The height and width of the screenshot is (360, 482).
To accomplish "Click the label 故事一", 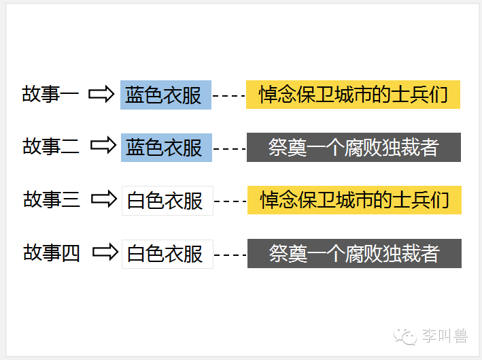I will [x=51, y=94].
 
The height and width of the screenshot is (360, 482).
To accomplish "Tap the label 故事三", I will [x=52, y=199].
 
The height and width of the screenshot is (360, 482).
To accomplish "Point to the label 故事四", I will [x=52, y=252].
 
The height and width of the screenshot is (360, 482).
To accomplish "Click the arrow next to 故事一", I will [x=102, y=94].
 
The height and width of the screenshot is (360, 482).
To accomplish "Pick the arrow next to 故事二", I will [x=103, y=146].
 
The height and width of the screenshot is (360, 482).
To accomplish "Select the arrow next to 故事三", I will [x=104, y=199].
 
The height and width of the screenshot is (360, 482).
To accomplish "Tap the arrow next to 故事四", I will [x=105, y=252].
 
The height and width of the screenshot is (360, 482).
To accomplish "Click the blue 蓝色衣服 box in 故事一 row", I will [x=166, y=95].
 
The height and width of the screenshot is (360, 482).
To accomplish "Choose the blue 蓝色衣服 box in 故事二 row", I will [x=167, y=147].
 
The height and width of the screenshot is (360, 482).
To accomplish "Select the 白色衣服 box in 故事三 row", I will [x=167, y=200].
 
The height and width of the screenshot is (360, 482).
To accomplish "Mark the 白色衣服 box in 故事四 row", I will [x=167, y=254].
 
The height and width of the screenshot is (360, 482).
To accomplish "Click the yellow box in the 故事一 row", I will [x=353, y=95].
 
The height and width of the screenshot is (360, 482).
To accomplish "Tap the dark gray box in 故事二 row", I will [x=354, y=147].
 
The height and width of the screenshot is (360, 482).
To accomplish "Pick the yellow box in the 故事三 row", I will [x=354, y=200].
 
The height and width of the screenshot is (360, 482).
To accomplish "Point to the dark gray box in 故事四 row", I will [x=354, y=253].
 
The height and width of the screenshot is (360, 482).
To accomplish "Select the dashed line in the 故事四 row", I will [x=230, y=255].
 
